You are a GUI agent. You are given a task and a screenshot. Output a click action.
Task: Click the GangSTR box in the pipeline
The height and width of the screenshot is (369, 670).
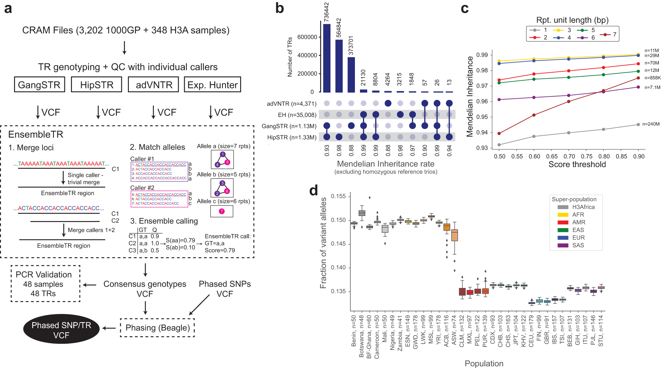[40, 85]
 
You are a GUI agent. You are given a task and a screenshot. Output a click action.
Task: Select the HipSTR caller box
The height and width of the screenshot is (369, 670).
[96, 85]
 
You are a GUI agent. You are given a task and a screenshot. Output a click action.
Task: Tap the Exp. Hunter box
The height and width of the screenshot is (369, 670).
[212, 85]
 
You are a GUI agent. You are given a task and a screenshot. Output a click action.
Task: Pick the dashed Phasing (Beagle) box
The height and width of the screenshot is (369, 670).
[157, 328]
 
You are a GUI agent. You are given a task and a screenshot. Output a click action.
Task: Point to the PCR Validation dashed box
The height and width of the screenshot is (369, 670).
[45, 284]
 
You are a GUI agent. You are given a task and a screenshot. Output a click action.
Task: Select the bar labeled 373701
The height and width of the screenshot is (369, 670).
[351, 75]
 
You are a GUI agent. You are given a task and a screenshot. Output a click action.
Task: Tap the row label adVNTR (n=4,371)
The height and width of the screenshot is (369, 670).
[291, 104]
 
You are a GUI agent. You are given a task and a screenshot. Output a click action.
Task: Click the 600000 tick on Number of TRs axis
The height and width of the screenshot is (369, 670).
[307, 37]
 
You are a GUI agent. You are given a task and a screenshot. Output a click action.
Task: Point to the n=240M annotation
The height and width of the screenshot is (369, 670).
[651, 124]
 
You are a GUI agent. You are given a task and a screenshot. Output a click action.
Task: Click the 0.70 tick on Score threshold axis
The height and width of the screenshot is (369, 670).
[569, 156]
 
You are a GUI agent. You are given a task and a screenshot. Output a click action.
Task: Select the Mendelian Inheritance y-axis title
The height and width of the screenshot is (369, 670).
[469, 96]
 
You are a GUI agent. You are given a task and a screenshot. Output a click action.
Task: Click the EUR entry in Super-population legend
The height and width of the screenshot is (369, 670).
[578, 238]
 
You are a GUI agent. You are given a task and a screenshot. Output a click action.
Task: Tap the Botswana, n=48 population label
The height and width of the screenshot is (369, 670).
[361, 336]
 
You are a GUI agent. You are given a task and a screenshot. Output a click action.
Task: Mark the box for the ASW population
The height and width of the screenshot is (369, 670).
[454, 235]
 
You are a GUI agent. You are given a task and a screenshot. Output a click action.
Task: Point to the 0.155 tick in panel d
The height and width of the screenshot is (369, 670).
[338, 196]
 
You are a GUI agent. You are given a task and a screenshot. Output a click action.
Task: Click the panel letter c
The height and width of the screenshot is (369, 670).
[464, 8]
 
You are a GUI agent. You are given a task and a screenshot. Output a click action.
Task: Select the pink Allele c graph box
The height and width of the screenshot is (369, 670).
[222, 211]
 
